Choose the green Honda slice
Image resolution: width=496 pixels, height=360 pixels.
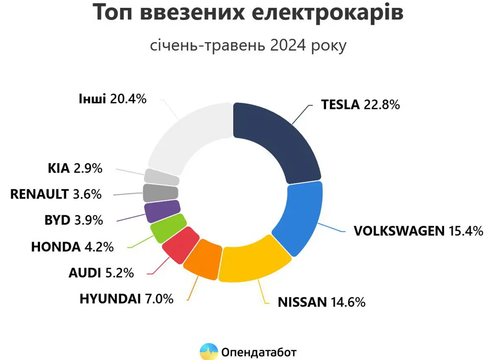[x=167, y=227]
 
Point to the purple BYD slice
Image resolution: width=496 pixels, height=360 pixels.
[x=162, y=211]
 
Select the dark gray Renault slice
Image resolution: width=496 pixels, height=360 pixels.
[x=161, y=193]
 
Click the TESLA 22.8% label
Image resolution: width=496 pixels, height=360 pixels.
[x=360, y=104]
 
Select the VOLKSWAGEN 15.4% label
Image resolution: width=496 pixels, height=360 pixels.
[x=418, y=231]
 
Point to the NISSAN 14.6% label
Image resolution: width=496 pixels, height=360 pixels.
[x=321, y=302]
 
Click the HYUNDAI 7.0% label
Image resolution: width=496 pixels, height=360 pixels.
[x=126, y=299]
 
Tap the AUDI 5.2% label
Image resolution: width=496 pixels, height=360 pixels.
[x=101, y=273]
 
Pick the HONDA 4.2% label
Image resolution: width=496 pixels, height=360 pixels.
[x=72, y=246]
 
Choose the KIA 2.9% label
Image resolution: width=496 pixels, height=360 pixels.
[x=75, y=169]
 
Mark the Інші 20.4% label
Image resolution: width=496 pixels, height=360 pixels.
[x=112, y=99]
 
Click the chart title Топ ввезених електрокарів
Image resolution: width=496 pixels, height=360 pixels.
[x=248, y=13]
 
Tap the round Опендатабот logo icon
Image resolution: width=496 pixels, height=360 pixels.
[x=209, y=351]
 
